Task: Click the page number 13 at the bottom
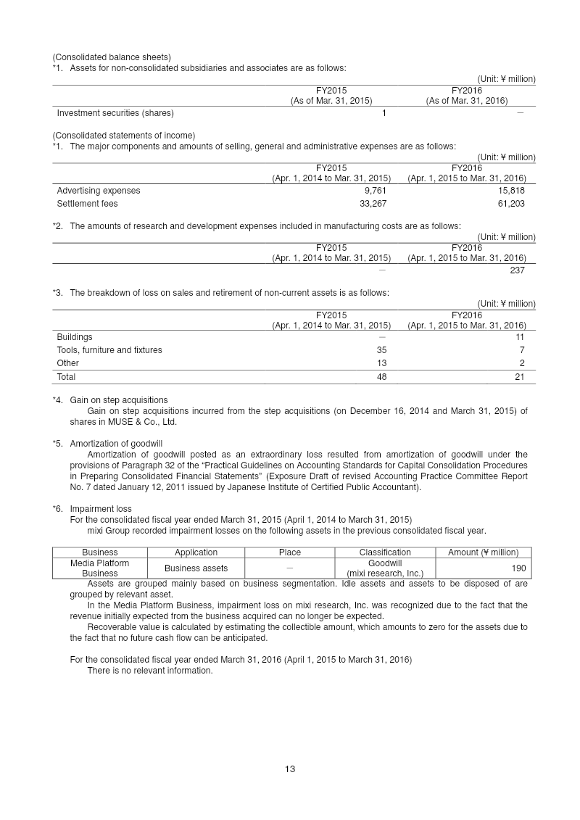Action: click(x=290, y=769)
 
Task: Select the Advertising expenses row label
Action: click(x=99, y=191)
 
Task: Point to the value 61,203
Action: click(x=510, y=204)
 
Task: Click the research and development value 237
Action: click(x=517, y=270)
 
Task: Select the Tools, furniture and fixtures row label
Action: click(x=109, y=350)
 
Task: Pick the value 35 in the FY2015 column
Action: click(x=381, y=350)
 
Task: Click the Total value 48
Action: click(x=381, y=377)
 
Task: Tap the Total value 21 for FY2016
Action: click(x=519, y=377)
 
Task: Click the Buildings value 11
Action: click(x=520, y=337)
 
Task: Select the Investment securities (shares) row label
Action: click(x=115, y=113)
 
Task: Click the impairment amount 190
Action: click(x=518, y=568)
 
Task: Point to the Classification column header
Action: click(x=385, y=552)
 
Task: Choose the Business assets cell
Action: click(x=196, y=568)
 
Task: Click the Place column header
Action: click(x=290, y=552)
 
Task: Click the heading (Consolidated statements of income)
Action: click(x=123, y=136)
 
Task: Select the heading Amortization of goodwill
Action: click(x=116, y=443)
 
